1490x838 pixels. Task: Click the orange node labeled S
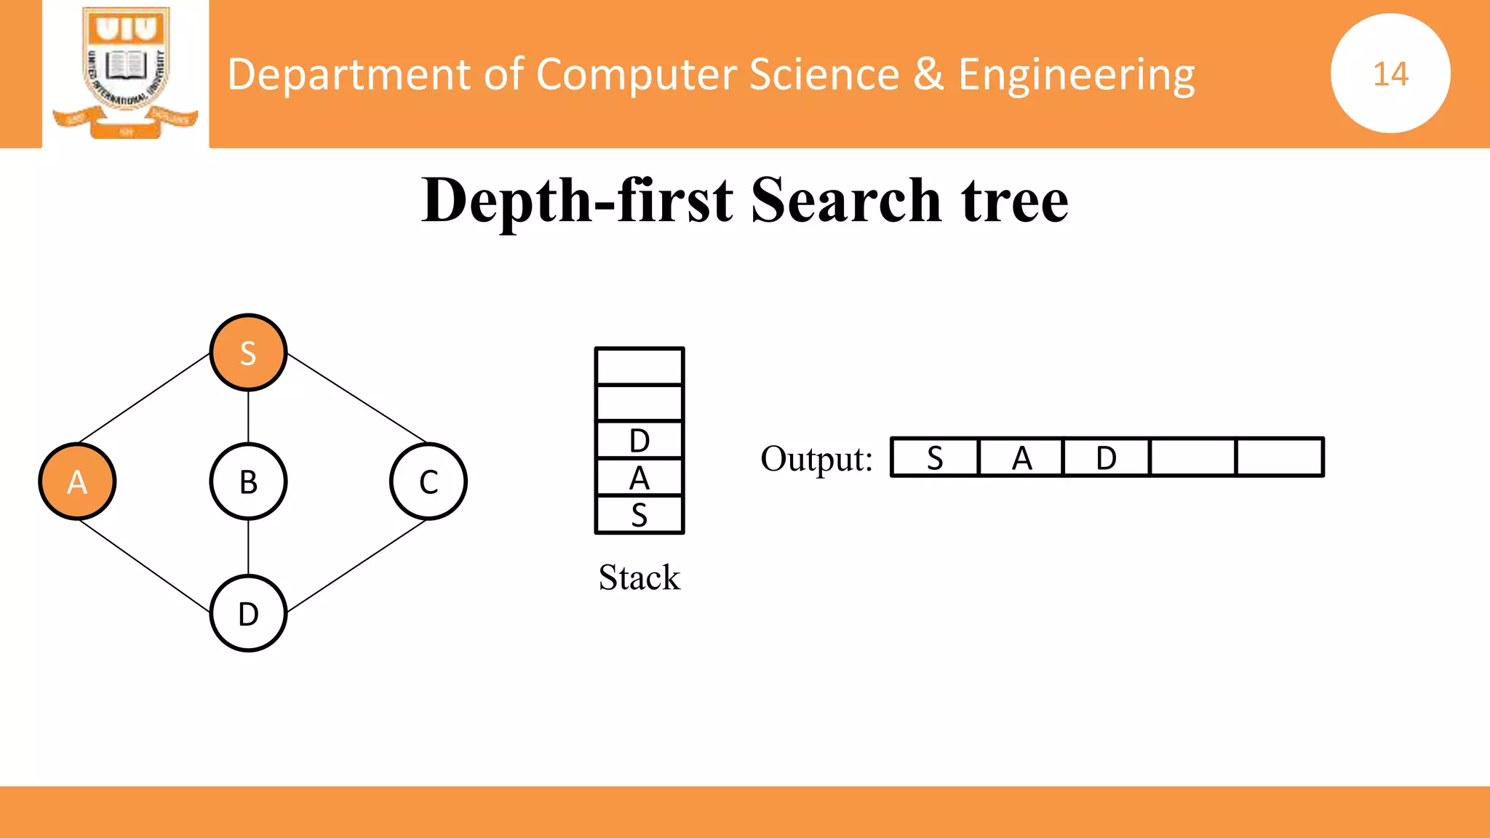coord(248,353)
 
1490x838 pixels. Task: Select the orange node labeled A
coord(77,482)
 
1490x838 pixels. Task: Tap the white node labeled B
coord(248,482)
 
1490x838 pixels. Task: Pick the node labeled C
coord(429,482)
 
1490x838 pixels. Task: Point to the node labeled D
coord(248,613)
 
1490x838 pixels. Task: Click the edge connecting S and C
coord(356,399)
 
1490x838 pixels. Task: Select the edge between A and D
coord(144,565)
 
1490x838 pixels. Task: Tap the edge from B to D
coord(248,547)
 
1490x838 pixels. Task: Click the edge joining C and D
coord(356,566)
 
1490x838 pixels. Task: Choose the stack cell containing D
coord(640,440)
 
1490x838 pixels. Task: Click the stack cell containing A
coord(640,478)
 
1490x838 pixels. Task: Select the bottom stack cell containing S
coord(640,515)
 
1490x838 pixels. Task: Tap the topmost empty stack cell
coord(640,366)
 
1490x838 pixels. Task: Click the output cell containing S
coord(935,458)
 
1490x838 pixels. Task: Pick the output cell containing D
coord(1106,458)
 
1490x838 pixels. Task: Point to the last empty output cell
coord(1280,458)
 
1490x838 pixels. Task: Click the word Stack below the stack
coord(639,578)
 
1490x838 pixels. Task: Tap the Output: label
coord(816,459)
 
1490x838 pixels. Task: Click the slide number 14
coord(1390,73)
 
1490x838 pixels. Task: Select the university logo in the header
coord(125,73)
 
